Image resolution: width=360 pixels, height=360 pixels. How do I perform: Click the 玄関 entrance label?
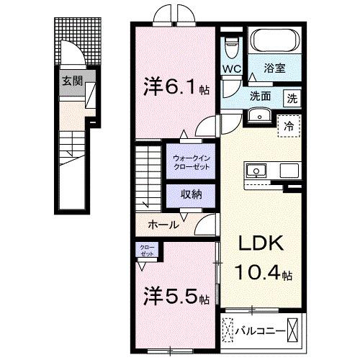coord(71,81)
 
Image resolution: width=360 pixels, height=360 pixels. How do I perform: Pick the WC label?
coord(230,70)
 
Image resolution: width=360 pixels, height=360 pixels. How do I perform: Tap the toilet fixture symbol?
coord(230,47)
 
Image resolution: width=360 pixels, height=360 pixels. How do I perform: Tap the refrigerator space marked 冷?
coord(289,125)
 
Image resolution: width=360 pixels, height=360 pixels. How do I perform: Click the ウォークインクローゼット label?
coord(192,162)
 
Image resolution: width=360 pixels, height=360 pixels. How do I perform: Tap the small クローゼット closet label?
coord(147,251)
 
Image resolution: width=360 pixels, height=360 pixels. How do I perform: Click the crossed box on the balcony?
coord(295,330)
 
